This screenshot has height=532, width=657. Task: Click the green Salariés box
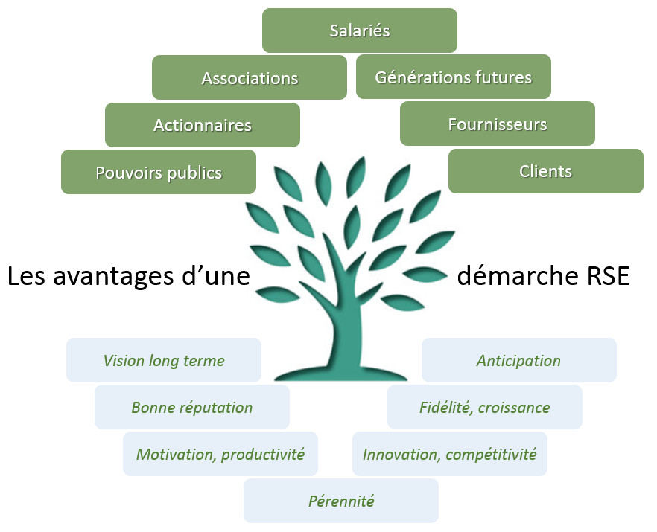(359, 31)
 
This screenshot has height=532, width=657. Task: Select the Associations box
(250, 77)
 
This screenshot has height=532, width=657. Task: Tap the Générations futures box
(453, 77)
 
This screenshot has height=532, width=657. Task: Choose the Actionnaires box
(203, 124)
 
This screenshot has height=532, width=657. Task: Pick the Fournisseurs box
(497, 124)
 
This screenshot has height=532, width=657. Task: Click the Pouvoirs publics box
(159, 172)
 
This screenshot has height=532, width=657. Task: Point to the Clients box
(545, 171)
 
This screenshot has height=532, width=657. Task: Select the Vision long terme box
(164, 360)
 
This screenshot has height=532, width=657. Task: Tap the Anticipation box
(518, 360)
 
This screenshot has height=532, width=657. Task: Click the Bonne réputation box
(192, 407)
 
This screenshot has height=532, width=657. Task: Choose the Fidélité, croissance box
(484, 407)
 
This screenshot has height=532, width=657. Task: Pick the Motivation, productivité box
(220, 454)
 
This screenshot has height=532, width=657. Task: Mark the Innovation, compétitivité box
(449, 454)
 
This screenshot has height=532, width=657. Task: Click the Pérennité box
(341, 501)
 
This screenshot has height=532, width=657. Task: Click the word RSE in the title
(604, 276)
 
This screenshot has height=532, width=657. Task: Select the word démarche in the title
(512, 276)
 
